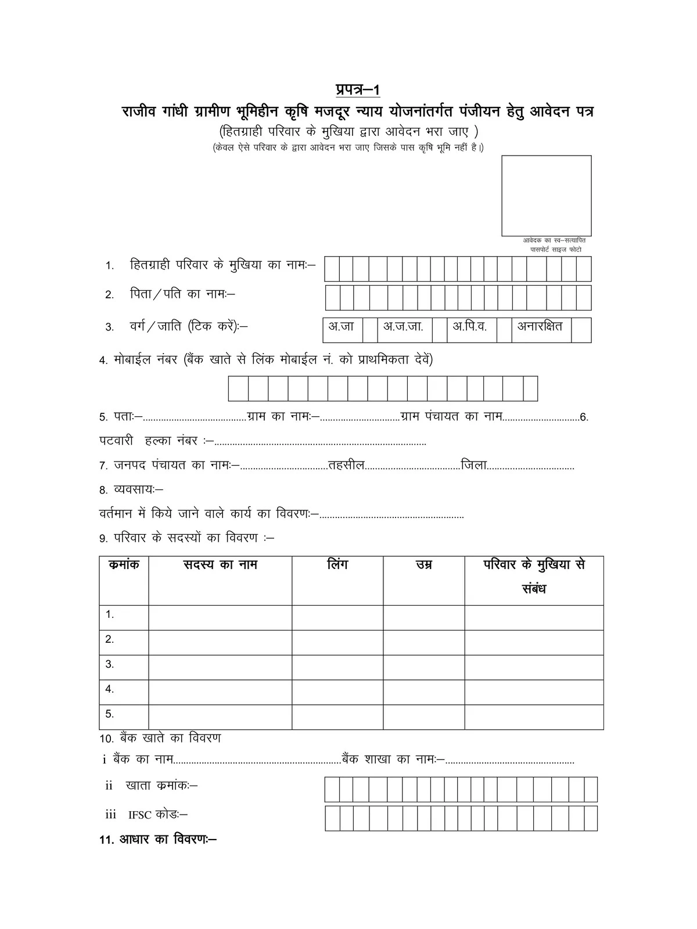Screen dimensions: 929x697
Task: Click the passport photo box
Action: pos(546,195)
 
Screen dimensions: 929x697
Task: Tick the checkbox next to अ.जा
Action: pos(370,330)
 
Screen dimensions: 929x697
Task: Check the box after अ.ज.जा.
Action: pos(440,330)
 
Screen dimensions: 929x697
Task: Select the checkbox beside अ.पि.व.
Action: pos(504,330)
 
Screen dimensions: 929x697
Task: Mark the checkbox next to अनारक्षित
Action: pos(581,330)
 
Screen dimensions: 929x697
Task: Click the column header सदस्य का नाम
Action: pos(220,565)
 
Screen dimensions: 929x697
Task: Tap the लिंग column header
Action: pos(337,564)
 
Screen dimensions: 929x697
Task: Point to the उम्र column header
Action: pos(423,565)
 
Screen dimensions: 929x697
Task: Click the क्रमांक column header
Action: pos(124,564)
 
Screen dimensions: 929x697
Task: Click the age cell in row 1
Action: pos(423,617)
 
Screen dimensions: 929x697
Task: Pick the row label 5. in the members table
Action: pos(110,714)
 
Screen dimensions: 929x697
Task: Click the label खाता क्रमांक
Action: pos(161,786)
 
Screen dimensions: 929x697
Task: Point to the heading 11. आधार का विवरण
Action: pos(158,840)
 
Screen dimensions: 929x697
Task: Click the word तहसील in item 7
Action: pos(346,466)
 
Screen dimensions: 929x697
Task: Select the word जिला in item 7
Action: pos(473,466)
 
